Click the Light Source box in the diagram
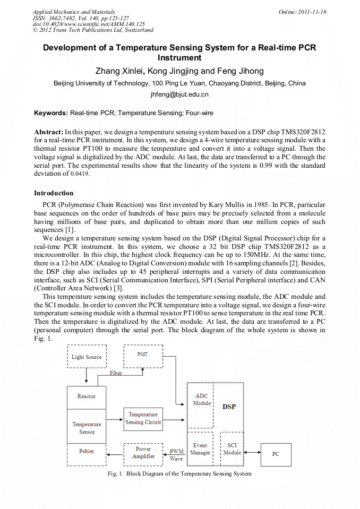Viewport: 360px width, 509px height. pos(87,357)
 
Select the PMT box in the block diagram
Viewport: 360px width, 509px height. pos(142,356)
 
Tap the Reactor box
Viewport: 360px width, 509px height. pos(87,396)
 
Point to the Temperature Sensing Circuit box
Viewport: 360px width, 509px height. pos(143,418)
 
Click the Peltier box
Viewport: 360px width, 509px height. pos(87,451)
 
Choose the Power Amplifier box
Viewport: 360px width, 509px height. pos(143,453)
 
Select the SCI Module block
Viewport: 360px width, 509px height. pos(232,449)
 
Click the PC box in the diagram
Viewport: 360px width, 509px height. pos(276,454)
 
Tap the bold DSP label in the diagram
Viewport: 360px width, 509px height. pos(229,407)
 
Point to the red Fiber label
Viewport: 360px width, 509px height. pos(116,373)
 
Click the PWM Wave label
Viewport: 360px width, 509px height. pos(176,455)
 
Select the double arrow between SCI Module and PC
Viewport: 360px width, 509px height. pos(252,453)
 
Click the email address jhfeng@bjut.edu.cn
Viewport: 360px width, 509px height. pos(179,94)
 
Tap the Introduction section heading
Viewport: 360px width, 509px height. pos(54,193)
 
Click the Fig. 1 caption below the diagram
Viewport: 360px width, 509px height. pos(179,473)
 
